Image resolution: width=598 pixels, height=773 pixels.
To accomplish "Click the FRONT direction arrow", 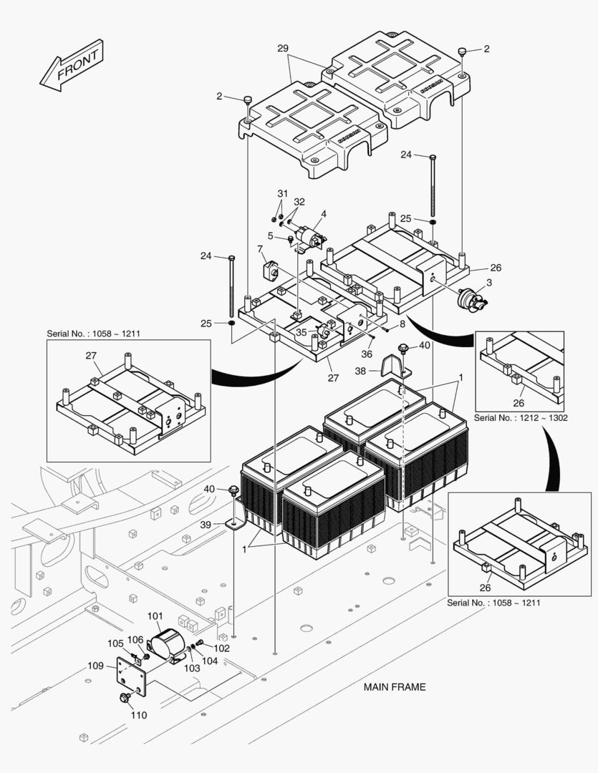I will point(72,66).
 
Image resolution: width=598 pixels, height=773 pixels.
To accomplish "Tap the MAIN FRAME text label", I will point(394,687).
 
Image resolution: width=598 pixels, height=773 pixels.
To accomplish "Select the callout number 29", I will point(283,48).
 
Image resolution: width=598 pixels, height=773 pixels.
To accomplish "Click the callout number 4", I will point(324,213).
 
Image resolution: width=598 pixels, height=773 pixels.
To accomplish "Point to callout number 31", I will point(282,194).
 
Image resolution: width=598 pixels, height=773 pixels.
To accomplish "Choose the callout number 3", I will point(488,283).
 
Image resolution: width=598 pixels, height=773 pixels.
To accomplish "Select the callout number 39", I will point(206,525).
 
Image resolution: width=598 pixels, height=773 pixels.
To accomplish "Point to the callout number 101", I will point(155,616).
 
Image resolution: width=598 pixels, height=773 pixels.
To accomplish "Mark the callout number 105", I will point(115,643).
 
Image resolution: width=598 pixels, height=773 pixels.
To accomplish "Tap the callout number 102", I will point(222,648).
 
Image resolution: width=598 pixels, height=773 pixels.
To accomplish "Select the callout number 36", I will point(366,353).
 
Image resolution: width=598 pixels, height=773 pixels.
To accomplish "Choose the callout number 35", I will point(302,332).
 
